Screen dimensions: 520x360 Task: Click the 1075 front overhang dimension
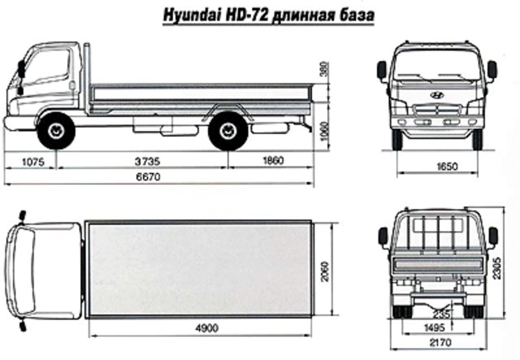33,162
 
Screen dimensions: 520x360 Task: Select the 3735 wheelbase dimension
148,161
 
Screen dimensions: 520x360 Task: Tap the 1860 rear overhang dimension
273,161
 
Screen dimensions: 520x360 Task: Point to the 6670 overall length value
148,177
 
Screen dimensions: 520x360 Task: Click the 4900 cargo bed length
207,328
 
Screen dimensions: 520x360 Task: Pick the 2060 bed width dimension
324,271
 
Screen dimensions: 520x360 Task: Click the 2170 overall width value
441,342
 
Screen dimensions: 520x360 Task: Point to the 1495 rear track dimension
434,328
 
